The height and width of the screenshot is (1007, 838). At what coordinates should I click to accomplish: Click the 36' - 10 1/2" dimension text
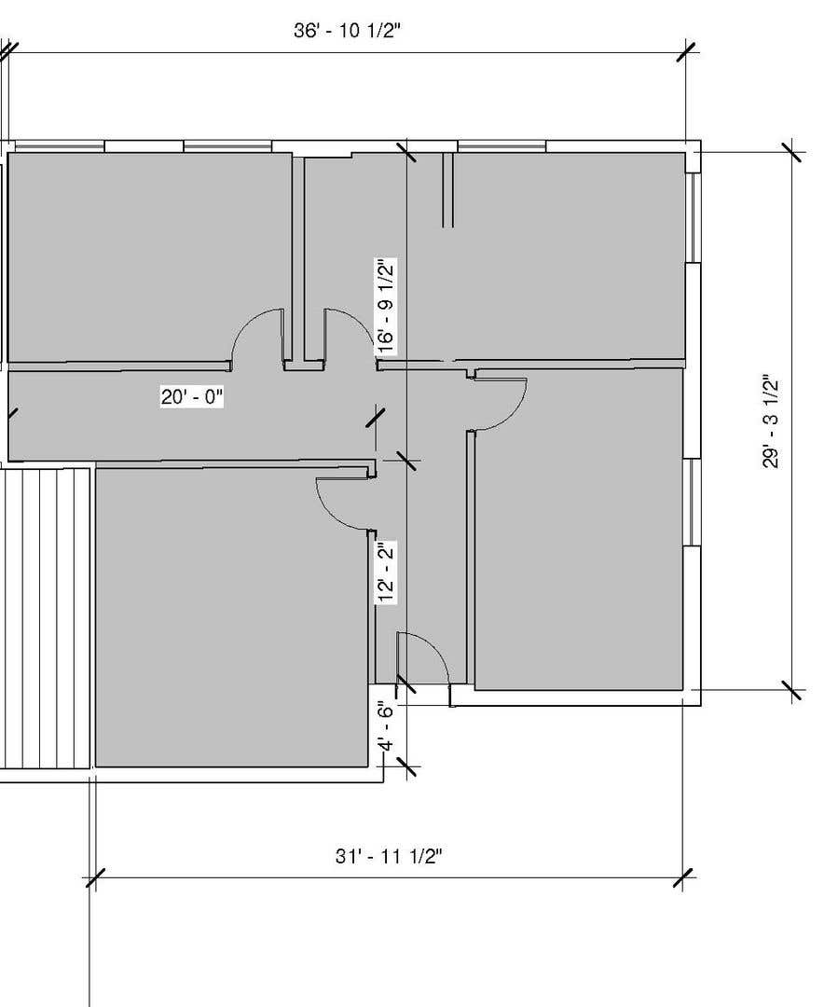click(x=347, y=30)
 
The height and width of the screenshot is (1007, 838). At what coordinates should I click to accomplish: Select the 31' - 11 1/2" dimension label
click(x=389, y=856)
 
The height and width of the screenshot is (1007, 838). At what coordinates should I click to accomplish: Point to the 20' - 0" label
click(x=192, y=397)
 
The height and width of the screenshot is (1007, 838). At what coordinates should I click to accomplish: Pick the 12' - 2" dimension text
click(x=386, y=572)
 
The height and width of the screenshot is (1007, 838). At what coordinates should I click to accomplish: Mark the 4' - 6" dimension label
click(x=385, y=726)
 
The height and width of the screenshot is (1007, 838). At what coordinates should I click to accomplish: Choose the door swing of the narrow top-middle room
click(x=350, y=333)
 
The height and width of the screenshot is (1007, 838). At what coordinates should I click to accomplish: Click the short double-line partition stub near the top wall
click(x=448, y=190)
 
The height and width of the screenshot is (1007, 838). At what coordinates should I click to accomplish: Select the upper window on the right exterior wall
click(x=692, y=217)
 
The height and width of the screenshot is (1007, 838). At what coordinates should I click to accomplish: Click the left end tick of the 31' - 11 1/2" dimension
click(x=96, y=878)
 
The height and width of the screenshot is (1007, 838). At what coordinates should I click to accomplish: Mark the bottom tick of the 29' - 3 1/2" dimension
click(x=792, y=690)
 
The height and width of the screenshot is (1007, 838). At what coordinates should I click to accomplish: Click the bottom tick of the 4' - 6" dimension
click(x=406, y=766)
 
